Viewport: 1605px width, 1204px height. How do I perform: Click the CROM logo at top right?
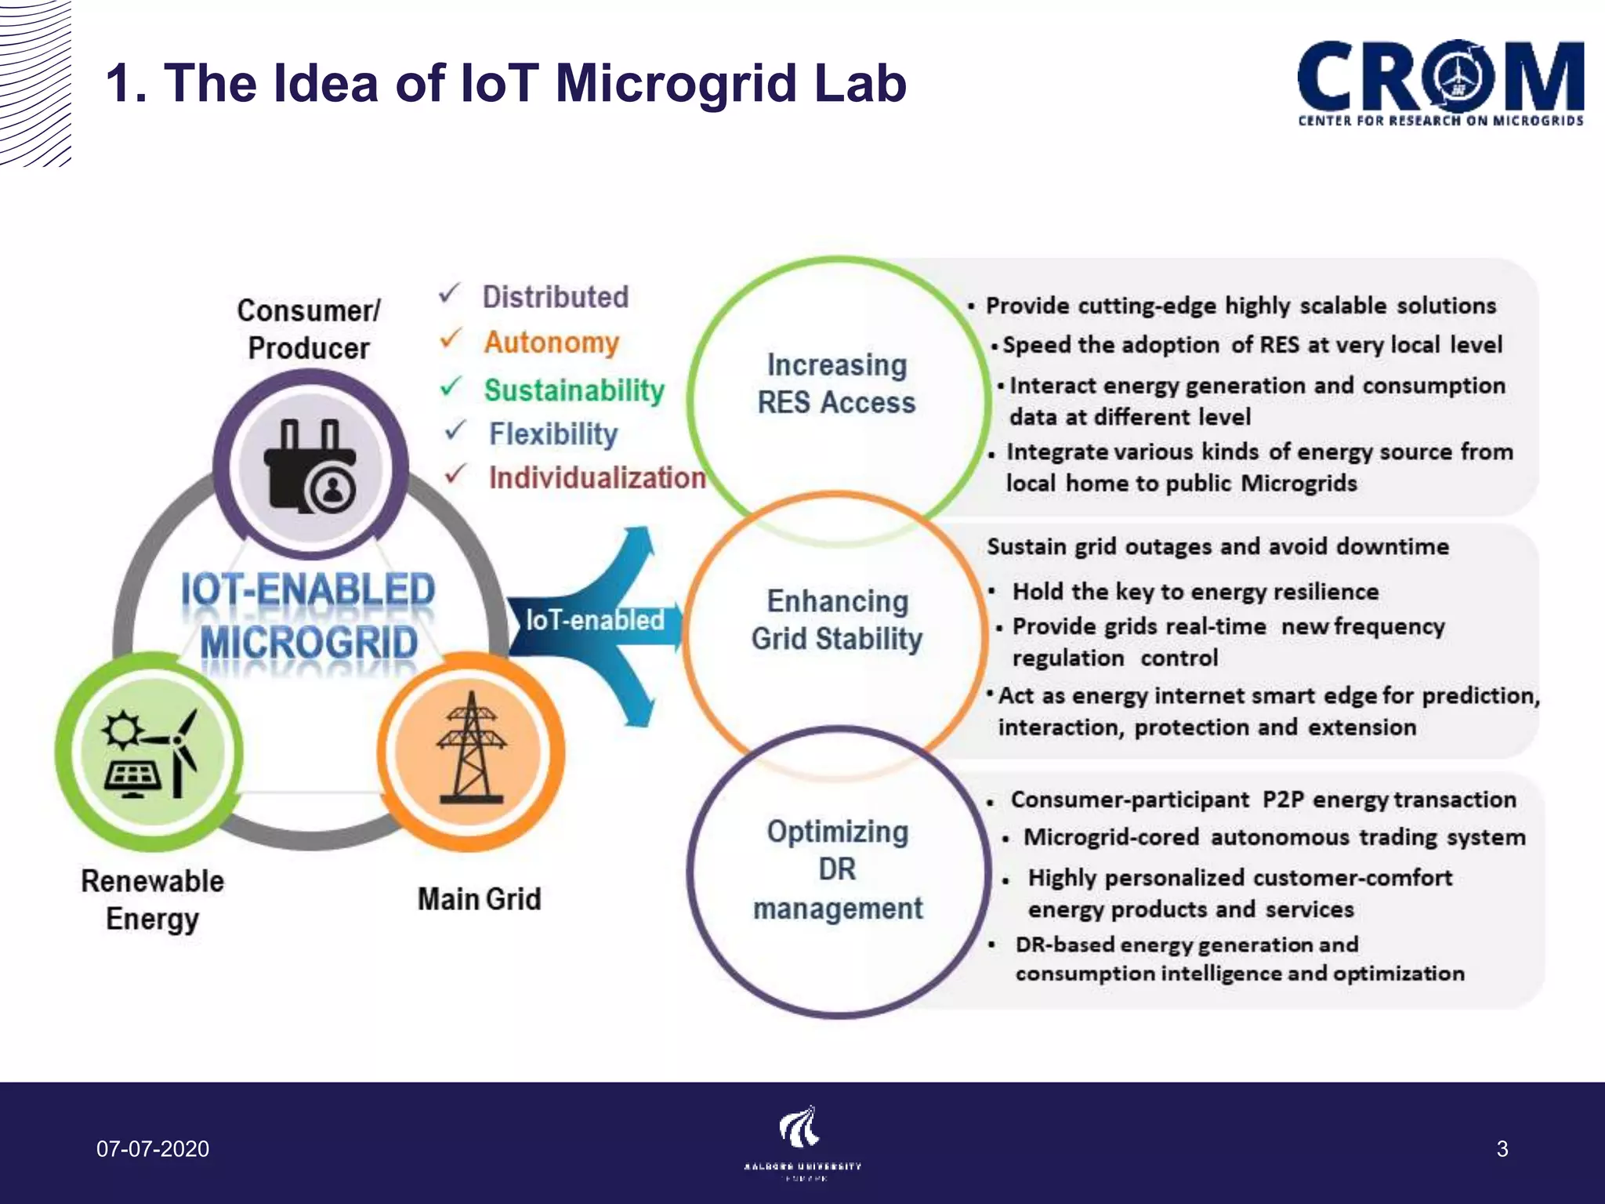click(x=1440, y=83)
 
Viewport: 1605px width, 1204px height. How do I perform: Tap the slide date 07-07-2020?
click(x=153, y=1149)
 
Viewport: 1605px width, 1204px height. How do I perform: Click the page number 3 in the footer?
click(x=1502, y=1149)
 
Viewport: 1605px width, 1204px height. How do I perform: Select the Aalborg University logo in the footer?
click(x=802, y=1141)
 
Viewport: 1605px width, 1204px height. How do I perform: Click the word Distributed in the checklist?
click(x=555, y=297)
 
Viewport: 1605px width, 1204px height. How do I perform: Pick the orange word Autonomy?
click(x=551, y=343)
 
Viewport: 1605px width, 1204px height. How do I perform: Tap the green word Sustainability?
click(x=574, y=390)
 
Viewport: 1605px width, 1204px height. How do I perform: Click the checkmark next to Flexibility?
click(x=455, y=431)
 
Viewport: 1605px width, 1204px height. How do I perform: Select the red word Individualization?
click(x=597, y=477)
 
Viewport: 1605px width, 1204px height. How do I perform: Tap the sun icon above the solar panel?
click(x=121, y=731)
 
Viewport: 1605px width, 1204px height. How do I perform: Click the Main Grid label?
click(x=479, y=899)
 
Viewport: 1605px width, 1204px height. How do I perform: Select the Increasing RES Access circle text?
click(x=836, y=383)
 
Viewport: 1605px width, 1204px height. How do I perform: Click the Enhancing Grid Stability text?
click(x=836, y=620)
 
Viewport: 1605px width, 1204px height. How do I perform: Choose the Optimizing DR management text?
click(x=837, y=869)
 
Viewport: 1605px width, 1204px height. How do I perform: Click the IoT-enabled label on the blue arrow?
click(x=594, y=620)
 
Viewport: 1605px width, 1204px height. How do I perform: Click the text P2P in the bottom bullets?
click(x=1283, y=800)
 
